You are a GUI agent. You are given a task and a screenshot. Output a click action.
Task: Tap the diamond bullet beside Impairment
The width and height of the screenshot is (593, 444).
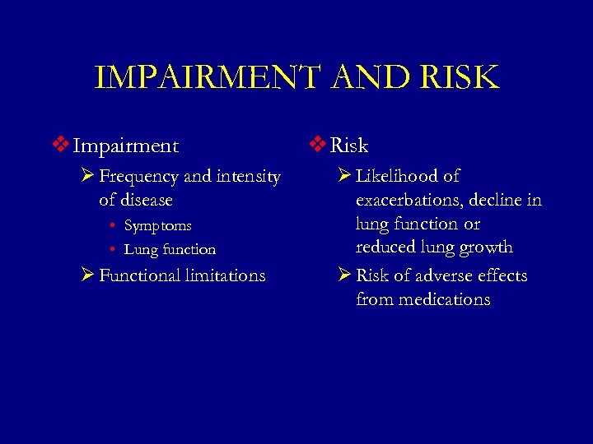pyautogui.click(x=60, y=146)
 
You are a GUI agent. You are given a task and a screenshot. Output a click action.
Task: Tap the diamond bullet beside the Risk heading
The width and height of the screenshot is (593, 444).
pyautogui.click(x=318, y=146)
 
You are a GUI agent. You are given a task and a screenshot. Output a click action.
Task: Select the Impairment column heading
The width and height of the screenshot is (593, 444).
pyautogui.click(x=125, y=146)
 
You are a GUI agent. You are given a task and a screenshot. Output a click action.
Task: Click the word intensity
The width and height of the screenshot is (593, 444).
pyautogui.click(x=248, y=177)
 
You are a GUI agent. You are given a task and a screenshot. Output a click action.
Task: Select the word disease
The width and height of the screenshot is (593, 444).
pyautogui.click(x=147, y=200)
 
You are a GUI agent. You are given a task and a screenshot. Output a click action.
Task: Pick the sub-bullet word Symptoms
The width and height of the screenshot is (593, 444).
pyautogui.click(x=157, y=225)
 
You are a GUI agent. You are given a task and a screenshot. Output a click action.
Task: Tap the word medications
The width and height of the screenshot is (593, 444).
pyautogui.click(x=446, y=299)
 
